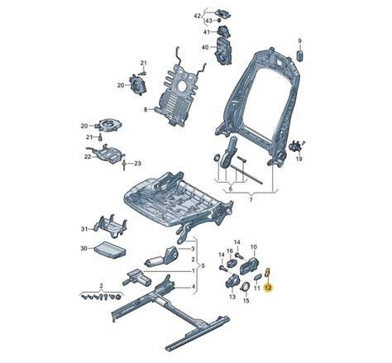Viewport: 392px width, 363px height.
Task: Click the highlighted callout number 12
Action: [x=268, y=288]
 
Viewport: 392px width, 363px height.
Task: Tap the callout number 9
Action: [x=300, y=41]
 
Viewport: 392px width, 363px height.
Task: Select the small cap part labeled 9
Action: [x=300, y=55]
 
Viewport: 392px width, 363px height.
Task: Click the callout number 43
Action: [x=209, y=21]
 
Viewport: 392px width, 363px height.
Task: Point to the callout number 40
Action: [x=205, y=47]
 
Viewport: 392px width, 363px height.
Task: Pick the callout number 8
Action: [x=146, y=110]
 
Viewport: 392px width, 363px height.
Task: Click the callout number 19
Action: [x=299, y=159]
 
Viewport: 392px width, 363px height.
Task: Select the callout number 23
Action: [x=137, y=164]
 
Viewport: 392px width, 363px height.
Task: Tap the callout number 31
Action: [x=84, y=229]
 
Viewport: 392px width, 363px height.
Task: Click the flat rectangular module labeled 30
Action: [x=111, y=251]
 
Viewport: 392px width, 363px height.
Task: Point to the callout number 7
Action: [x=251, y=200]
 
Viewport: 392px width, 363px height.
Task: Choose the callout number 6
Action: [x=231, y=189]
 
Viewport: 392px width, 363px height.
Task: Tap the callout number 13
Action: [x=232, y=297]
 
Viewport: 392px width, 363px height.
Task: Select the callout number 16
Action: [x=230, y=251]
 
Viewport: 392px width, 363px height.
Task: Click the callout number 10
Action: [x=253, y=246]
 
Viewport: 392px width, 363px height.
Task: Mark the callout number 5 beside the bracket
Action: [x=203, y=266]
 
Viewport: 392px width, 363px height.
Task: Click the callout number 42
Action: [x=198, y=16]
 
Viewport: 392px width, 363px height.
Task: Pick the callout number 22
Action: [x=88, y=156]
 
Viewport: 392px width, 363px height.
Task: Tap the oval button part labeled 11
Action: [x=258, y=277]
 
